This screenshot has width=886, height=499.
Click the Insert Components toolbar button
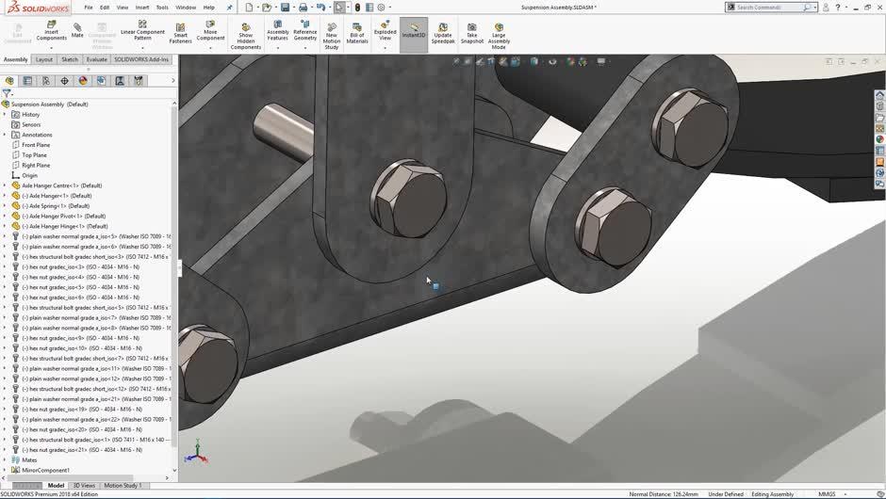(x=52, y=32)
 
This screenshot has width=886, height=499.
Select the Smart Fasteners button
(x=180, y=32)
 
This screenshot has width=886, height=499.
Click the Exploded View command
(x=385, y=32)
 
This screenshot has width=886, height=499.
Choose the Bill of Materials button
(x=357, y=33)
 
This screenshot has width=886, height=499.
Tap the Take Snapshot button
(x=472, y=33)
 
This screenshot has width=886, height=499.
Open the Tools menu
(x=162, y=8)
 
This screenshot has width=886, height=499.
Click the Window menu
(x=186, y=8)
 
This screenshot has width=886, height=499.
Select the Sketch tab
(x=70, y=59)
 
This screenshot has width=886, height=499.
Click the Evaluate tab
(x=97, y=59)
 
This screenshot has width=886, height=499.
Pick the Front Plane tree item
(x=36, y=145)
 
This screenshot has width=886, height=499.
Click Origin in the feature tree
(x=30, y=175)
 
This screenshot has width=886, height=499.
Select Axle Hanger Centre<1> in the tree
(x=61, y=185)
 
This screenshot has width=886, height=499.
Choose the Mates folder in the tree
(x=30, y=460)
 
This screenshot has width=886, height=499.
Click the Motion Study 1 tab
(x=123, y=486)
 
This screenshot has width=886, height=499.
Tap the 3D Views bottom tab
(x=84, y=486)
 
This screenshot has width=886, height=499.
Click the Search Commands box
(x=768, y=8)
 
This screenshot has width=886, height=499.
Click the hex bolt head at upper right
(x=691, y=121)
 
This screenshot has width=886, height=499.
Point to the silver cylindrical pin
(x=283, y=131)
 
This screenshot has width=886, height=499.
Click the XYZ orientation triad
(x=195, y=453)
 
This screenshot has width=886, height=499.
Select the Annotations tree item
(x=37, y=135)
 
